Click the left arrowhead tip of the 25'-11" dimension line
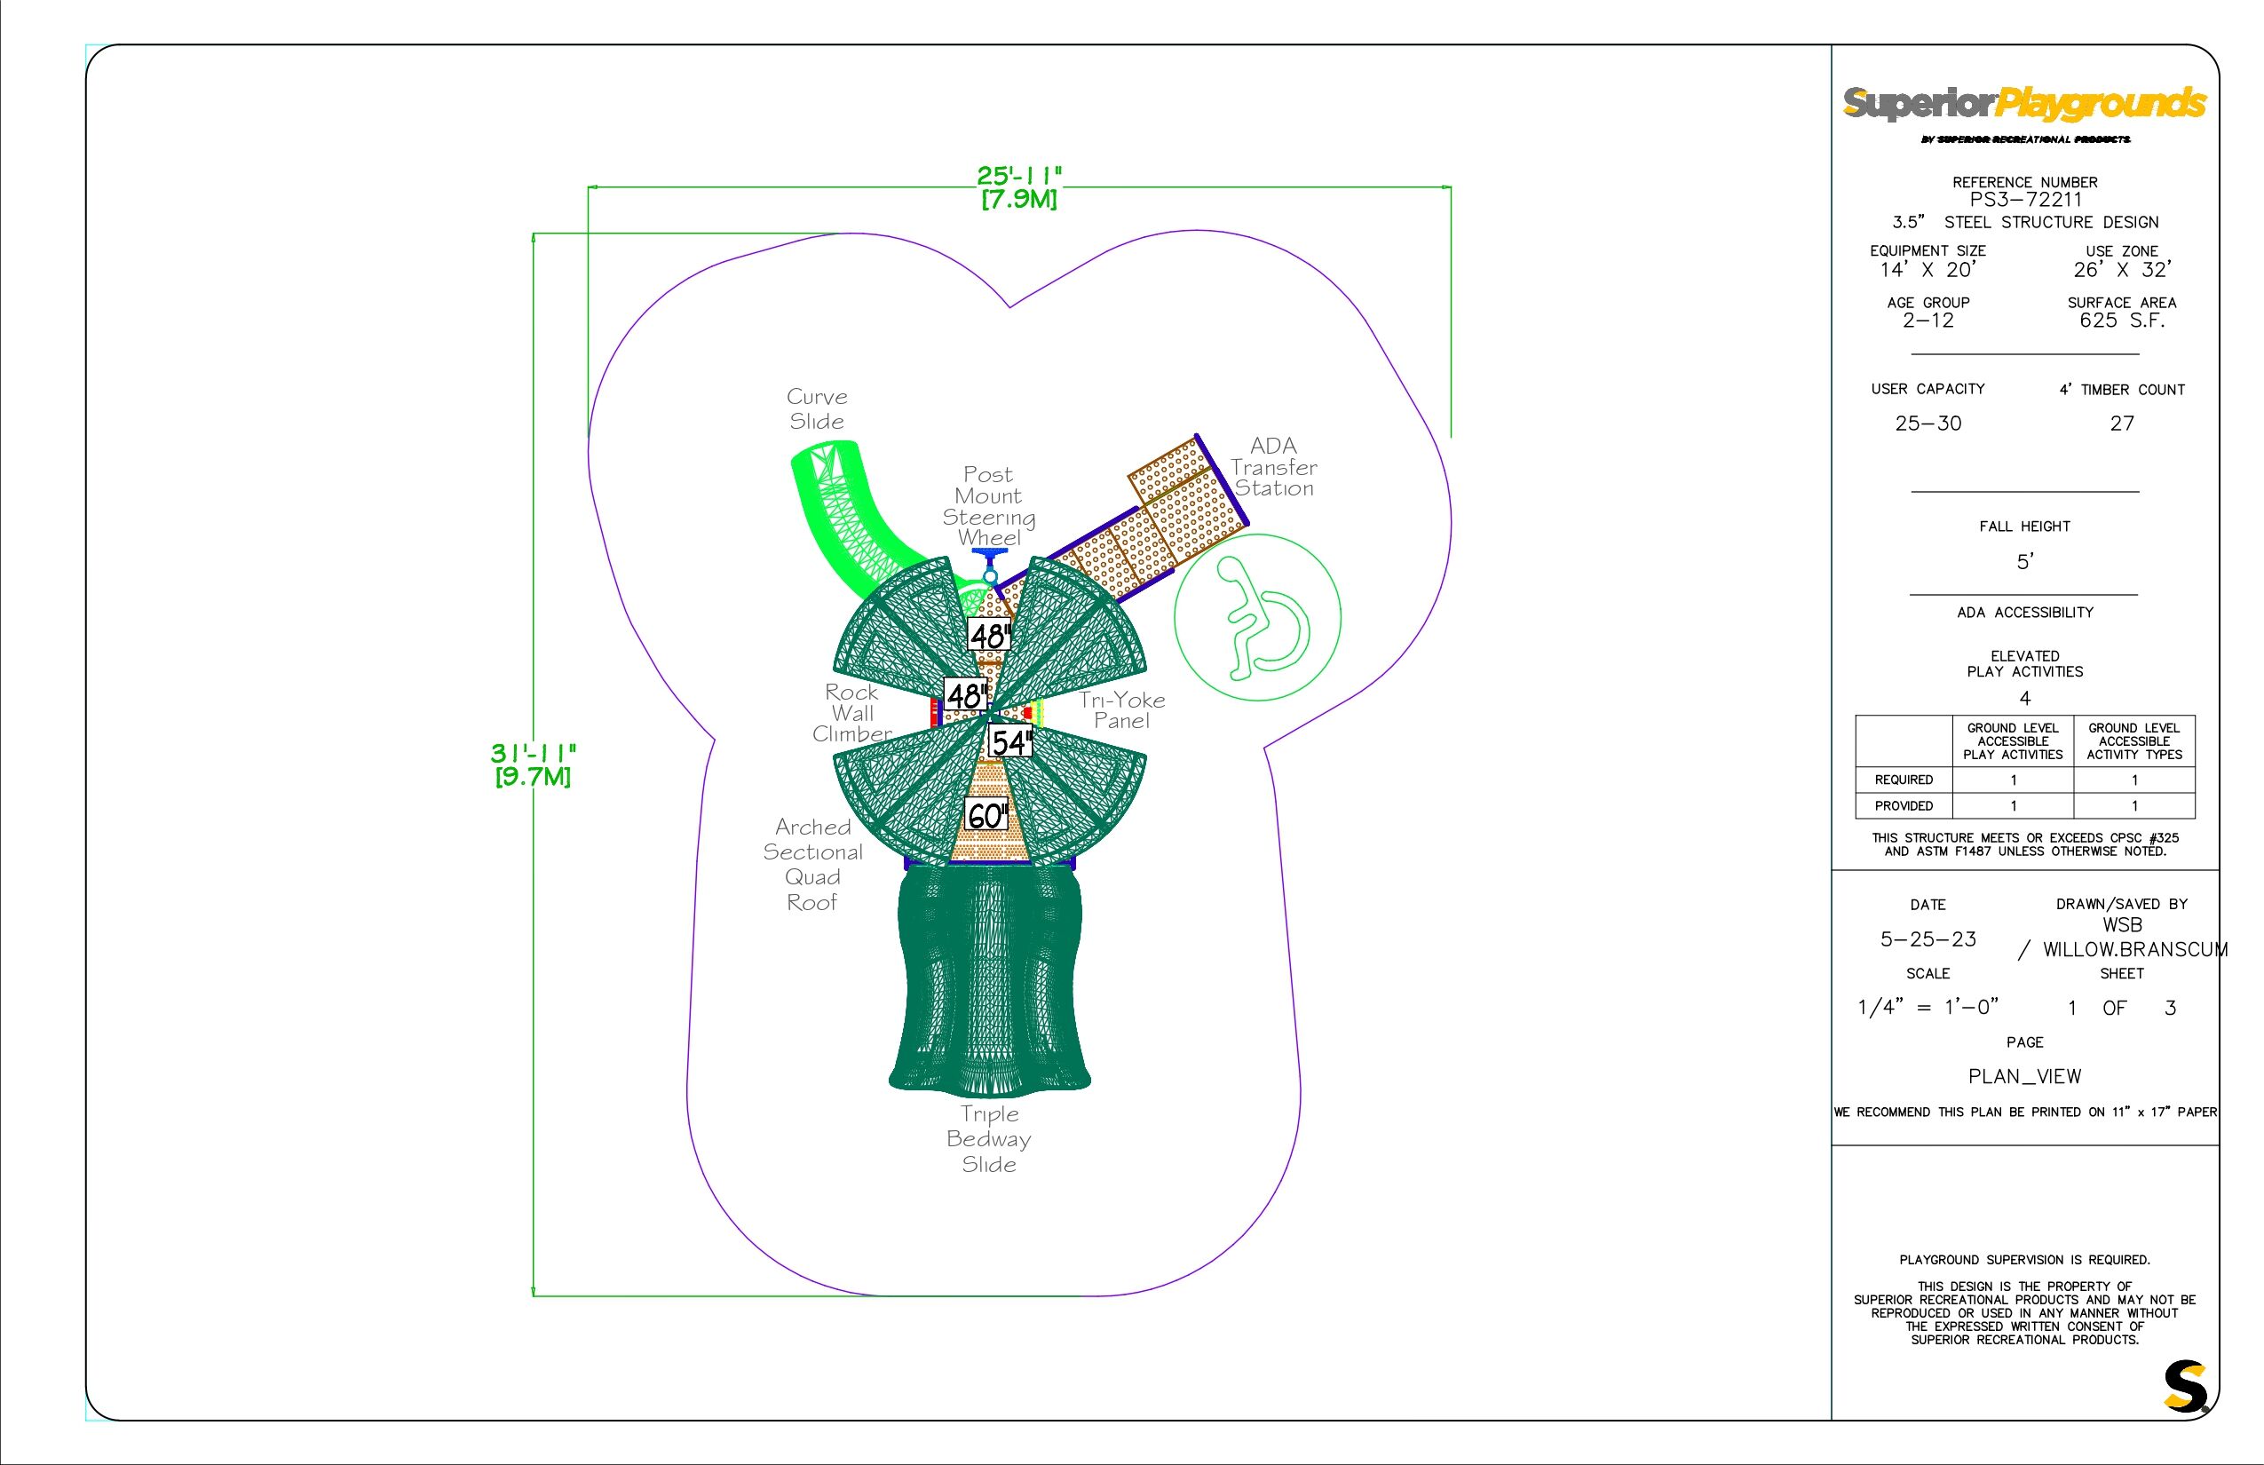click(x=589, y=188)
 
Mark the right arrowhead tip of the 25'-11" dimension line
click(x=1451, y=188)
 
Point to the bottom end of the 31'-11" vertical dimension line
click(x=533, y=1295)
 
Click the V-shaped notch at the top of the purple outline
click(x=1009, y=307)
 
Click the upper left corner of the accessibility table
click(x=1856, y=716)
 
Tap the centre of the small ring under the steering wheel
click(x=990, y=576)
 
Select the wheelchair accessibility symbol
click(x=1257, y=617)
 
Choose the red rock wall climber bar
click(x=934, y=712)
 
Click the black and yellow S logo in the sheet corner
click(x=2185, y=1386)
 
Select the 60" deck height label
click(x=986, y=815)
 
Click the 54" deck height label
click(x=1010, y=741)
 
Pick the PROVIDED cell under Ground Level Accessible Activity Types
click(x=2134, y=806)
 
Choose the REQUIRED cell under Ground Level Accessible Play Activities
click(x=2014, y=780)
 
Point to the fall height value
click(x=2024, y=562)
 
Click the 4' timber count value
click(x=2122, y=424)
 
